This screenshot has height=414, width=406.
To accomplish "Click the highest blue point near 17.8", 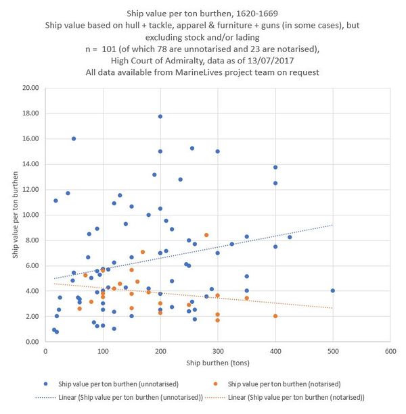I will (x=160, y=116).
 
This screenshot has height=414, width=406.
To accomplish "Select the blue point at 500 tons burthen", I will (x=333, y=290).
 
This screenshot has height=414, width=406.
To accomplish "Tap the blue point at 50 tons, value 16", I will (x=74, y=138).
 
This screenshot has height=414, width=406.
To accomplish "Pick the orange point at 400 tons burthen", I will (x=275, y=316).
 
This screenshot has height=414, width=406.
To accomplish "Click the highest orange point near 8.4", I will (x=206, y=235).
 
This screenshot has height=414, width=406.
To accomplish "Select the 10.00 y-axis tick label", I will (x=29, y=215).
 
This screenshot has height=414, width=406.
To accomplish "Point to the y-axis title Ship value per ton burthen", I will (x=15, y=215).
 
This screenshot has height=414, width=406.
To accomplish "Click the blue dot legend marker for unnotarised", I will (x=44, y=384).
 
